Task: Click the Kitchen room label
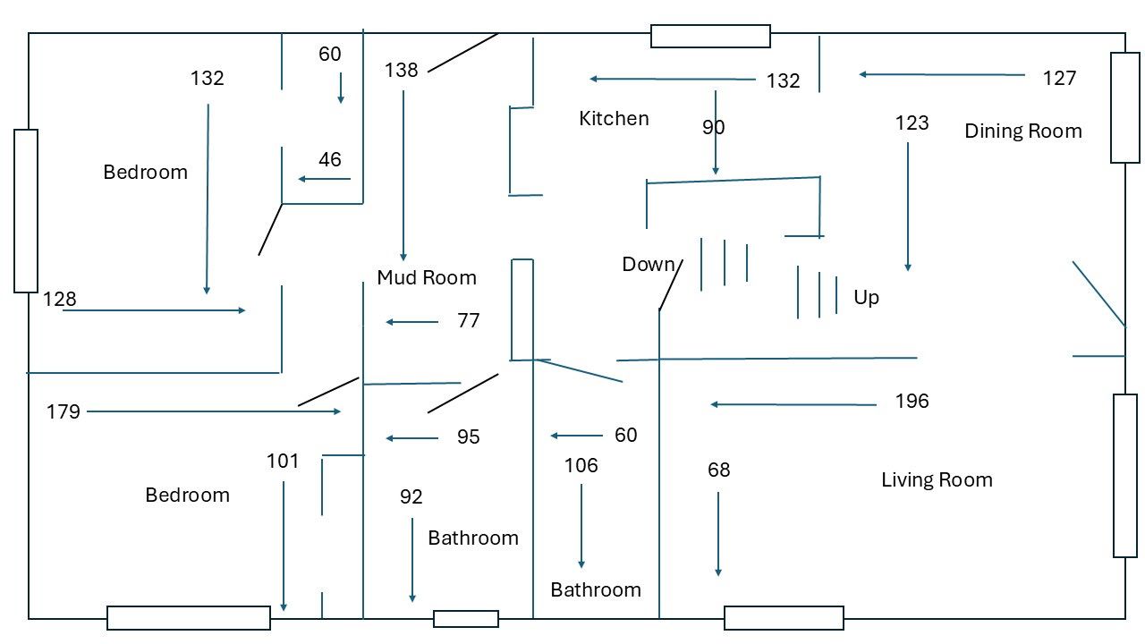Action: point(614,118)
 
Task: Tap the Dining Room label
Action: point(1022,131)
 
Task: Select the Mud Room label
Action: point(426,277)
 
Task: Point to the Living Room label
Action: point(937,479)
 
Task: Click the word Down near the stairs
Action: point(649,264)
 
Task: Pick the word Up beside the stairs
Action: point(866,297)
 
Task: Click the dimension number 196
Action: point(912,401)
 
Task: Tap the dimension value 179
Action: point(64,411)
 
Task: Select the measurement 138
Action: point(401,70)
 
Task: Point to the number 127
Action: point(1059,78)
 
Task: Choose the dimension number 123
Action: point(912,123)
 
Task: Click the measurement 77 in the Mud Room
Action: point(468,320)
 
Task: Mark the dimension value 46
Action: point(329,159)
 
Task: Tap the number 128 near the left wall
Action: point(60,299)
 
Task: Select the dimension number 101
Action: point(283,461)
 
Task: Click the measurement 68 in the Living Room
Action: point(718,470)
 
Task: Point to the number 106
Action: point(581,465)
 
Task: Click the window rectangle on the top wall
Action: point(710,36)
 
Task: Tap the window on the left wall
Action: point(26,211)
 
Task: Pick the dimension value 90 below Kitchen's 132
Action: point(713,127)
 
